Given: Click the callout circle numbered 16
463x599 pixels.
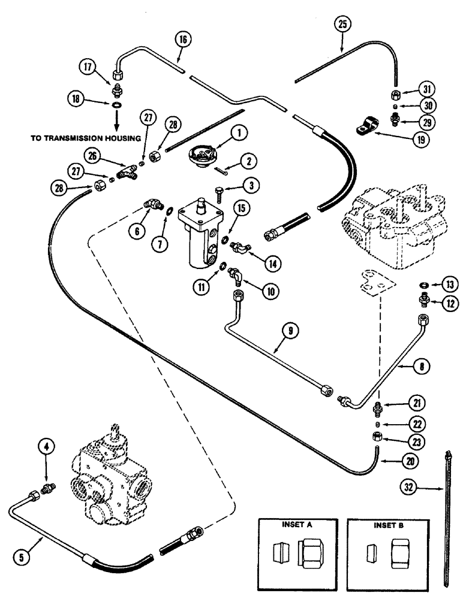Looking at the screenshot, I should (183, 40).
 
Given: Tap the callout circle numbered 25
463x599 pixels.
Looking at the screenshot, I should (342, 25).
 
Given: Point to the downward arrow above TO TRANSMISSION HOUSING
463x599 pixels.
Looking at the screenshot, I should (115, 122).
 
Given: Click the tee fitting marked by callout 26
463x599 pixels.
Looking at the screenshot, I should (127, 173).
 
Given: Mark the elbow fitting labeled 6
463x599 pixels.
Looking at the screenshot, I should (152, 207).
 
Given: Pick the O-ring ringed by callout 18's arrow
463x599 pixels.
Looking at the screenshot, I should (115, 105).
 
